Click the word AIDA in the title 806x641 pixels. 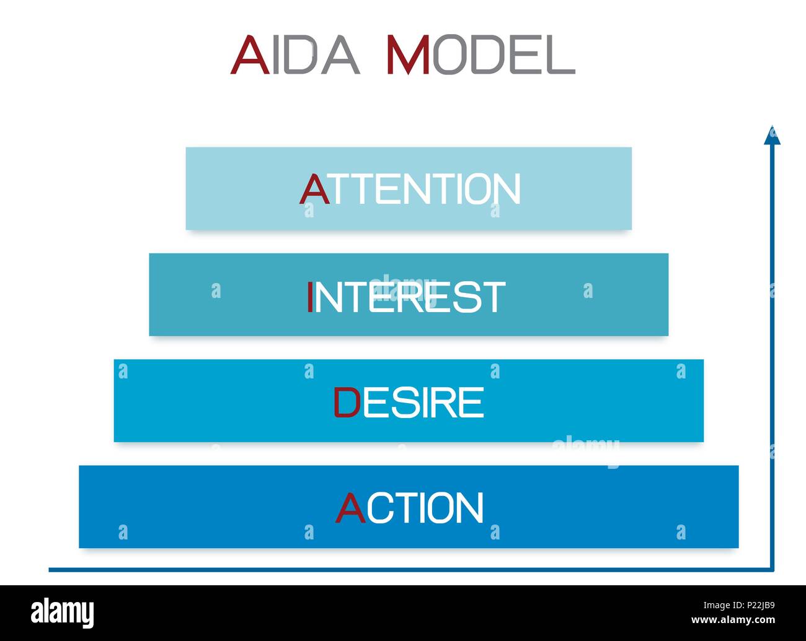[x=295, y=55]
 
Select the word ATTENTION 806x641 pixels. [x=410, y=189]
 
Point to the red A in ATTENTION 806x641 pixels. [x=314, y=189]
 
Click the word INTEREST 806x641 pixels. [x=406, y=297]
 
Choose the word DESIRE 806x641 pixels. [x=409, y=403]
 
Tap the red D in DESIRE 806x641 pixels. [x=347, y=403]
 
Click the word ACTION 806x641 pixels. [x=410, y=508]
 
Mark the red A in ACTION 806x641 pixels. [x=350, y=508]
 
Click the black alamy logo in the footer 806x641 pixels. [x=63, y=613]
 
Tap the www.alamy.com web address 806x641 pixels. [x=733, y=621]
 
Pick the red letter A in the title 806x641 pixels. [x=250, y=55]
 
